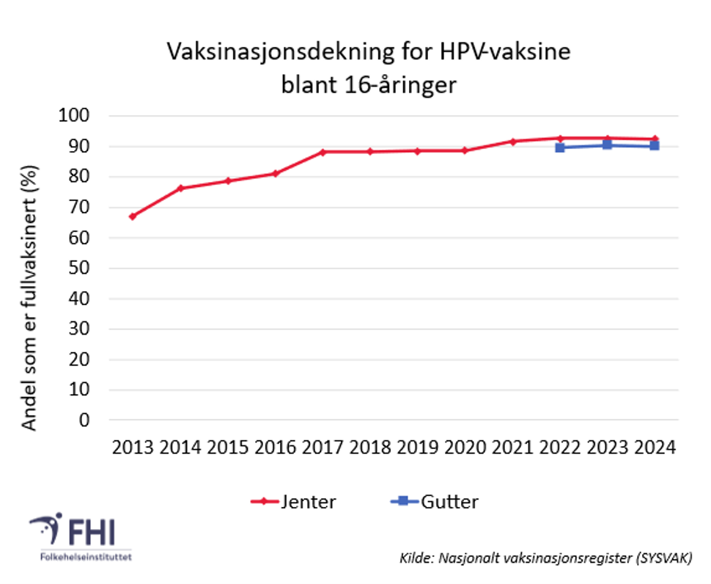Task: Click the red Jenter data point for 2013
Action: pyautogui.click(x=133, y=216)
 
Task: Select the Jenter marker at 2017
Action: pyautogui.click(x=323, y=152)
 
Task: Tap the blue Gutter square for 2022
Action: pyautogui.click(x=560, y=147)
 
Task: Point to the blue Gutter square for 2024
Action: pyautogui.click(x=655, y=145)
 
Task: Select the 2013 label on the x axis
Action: pyautogui.click(x=133, y=448)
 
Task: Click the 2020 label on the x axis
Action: pyautogui.click(x=465, y=448)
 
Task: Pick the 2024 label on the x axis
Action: pyautogui.click(x=655, y=448)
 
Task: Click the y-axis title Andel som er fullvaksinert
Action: pyautogui.click(x=29, y=297)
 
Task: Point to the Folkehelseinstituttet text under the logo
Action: pyautogui.click(x=81, y=557)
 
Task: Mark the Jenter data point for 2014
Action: pyautogui.click(x=180, y=188)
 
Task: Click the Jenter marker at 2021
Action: pyautogui.click(x=513, y=141)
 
